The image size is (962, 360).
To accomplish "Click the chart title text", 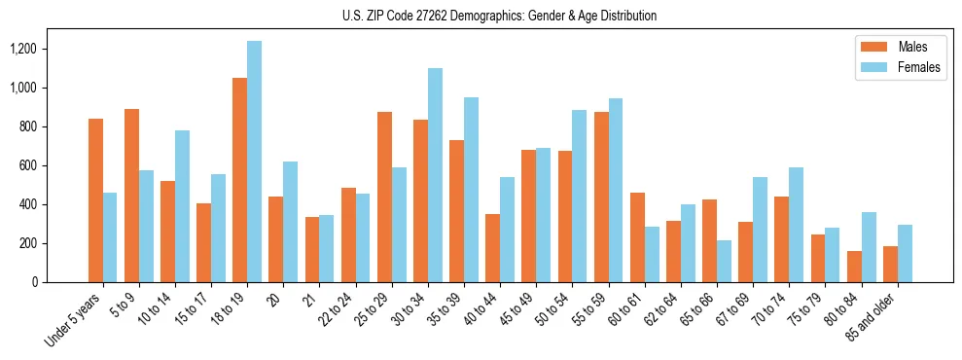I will point(500,16).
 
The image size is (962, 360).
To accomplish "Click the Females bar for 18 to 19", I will point(254,162).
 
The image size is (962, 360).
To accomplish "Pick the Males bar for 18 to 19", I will point(239,180).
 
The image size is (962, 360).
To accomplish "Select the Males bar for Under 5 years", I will point(95,200).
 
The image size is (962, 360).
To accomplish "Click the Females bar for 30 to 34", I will point(435,175).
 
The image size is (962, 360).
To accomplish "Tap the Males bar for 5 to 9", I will point(131,196).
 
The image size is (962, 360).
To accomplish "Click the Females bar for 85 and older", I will point(905,254).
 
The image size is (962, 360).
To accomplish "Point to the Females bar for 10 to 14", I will point(182,206).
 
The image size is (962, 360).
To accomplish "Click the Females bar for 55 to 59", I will point(616,190).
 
